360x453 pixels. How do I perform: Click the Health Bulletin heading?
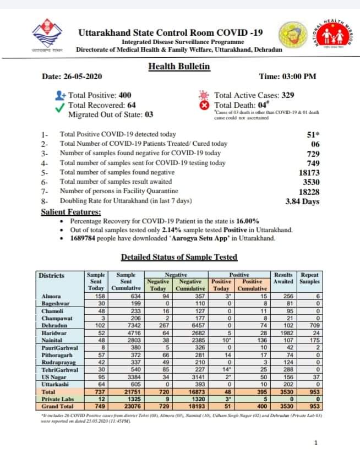click(x=179, y=67)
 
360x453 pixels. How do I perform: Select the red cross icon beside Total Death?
click(x=205, y=105)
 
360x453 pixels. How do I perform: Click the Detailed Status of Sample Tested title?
click(x=179, y=257)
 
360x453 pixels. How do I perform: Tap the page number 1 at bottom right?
click(x=316, y=441)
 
